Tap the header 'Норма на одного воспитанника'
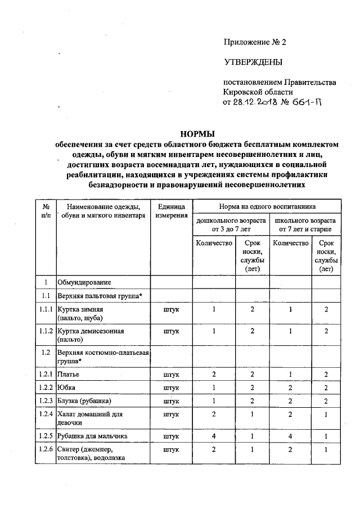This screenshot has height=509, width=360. pos(267,206)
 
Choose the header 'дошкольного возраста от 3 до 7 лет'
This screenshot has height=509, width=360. pos(230,226)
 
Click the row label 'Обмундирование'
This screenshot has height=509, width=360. pos(84,281)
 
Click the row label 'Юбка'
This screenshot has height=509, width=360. pos(67,388)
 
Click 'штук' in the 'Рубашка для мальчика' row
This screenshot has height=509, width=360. pos(171,436)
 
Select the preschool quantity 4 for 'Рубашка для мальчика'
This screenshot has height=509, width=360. pos(214,436)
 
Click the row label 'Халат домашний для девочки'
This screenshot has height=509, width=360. pos(84,418)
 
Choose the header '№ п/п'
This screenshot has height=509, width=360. pos(46,211)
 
